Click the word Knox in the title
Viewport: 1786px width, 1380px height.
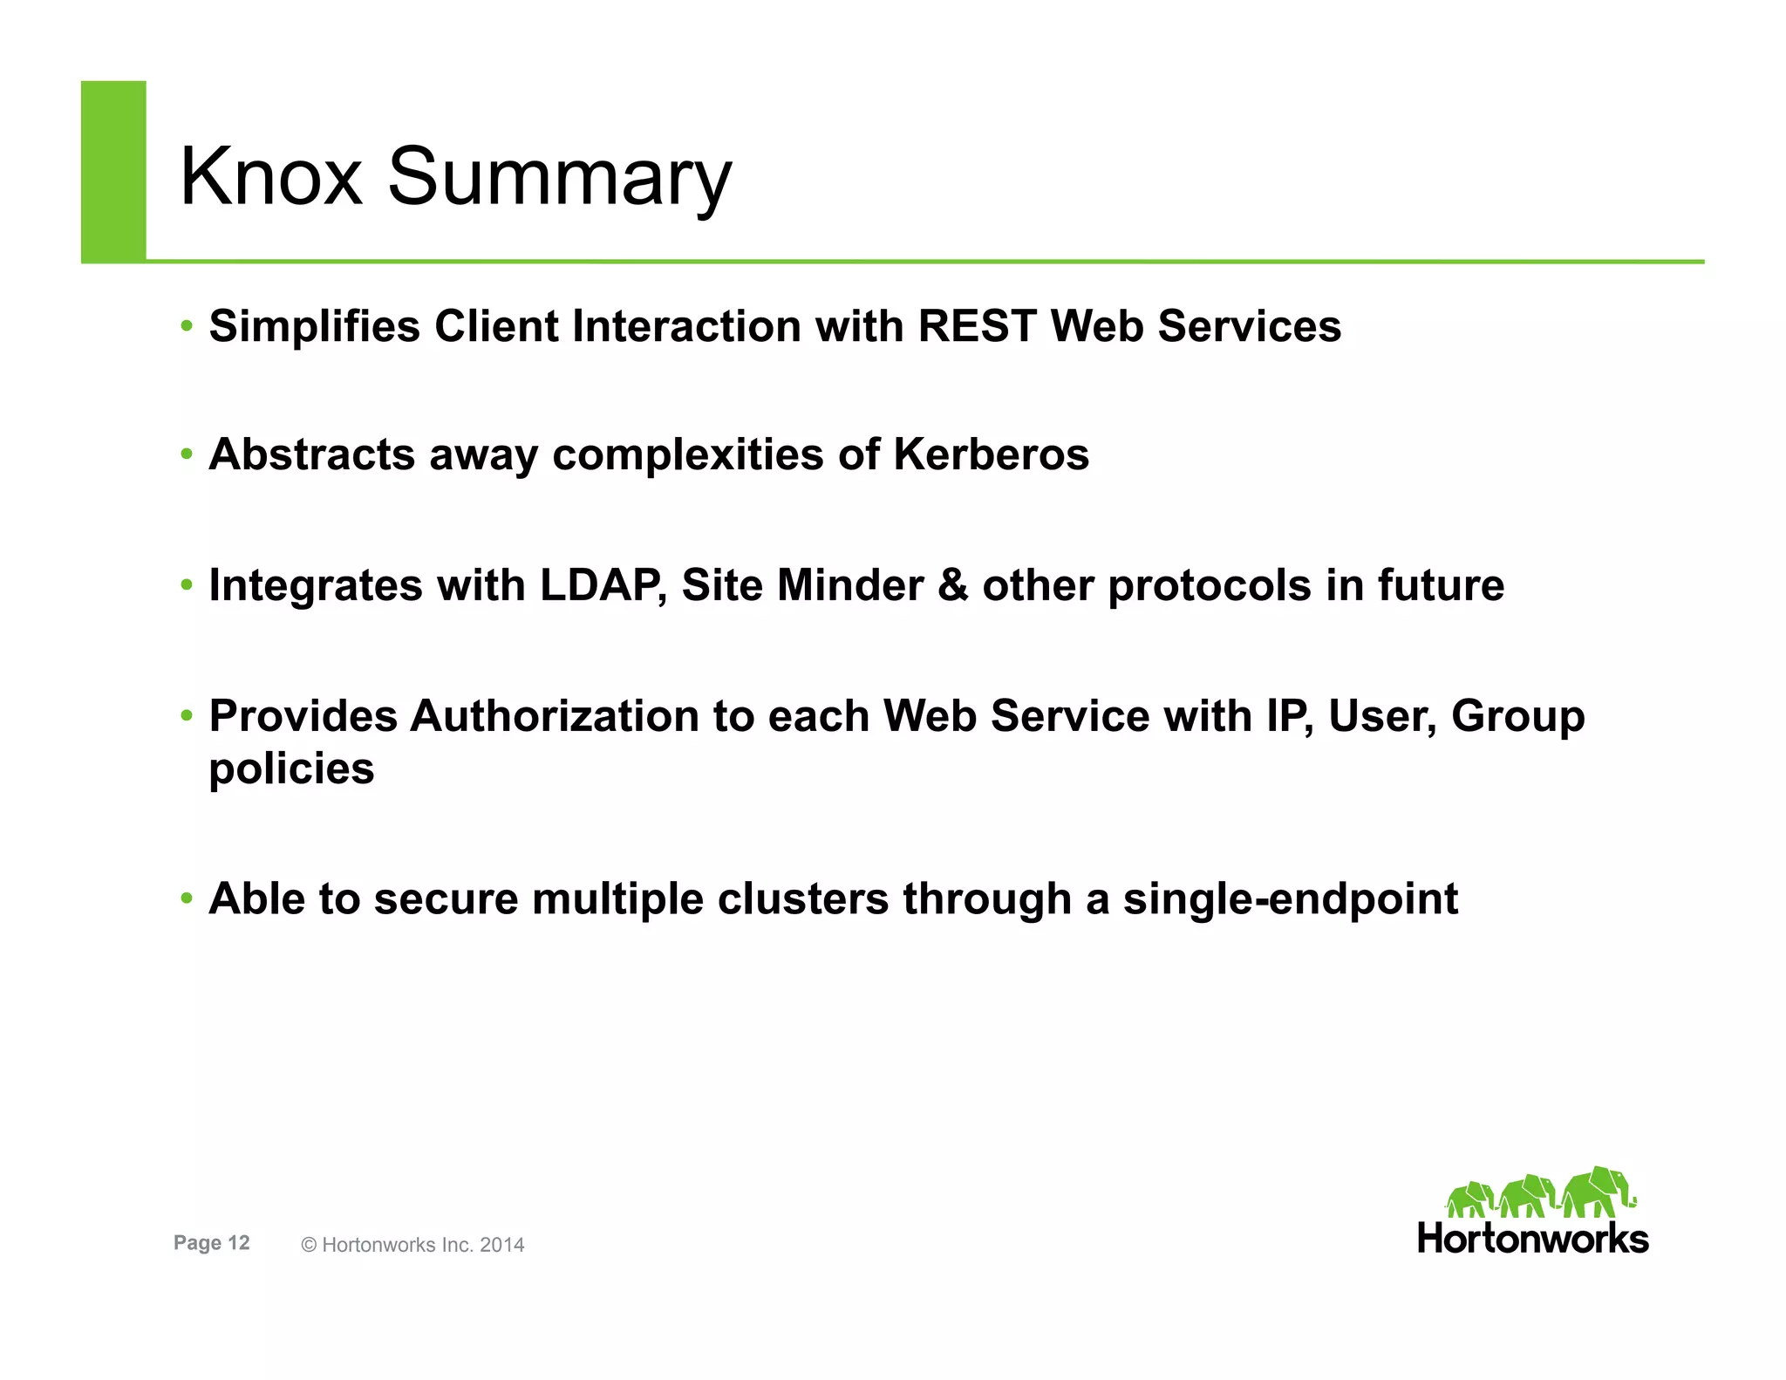tap(270, 177)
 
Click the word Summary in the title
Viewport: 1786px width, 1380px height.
tap(559, 179)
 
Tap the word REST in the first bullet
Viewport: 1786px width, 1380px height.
tap(976, 326)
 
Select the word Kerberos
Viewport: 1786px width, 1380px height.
tap(991, 454)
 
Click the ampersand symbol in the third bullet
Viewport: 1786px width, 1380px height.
tap(953, 585)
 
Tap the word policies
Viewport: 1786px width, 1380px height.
tap(291, 769)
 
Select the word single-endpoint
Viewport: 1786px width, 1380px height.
tap(1290, 899)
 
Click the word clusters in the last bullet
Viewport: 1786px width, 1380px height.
tap(803, 899)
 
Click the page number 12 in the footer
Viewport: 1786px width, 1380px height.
tap(239, 1243)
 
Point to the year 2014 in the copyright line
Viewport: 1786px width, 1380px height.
tap(502, 1245)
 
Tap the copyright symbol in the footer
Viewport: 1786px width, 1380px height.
tap(309, 1246)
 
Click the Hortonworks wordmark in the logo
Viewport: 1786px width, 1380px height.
tap(1533, 1239)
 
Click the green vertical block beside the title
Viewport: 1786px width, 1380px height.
tap(113, 171)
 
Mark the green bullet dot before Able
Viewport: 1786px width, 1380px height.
tap(186, 898)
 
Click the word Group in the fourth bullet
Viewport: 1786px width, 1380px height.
tap(1517, 716)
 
